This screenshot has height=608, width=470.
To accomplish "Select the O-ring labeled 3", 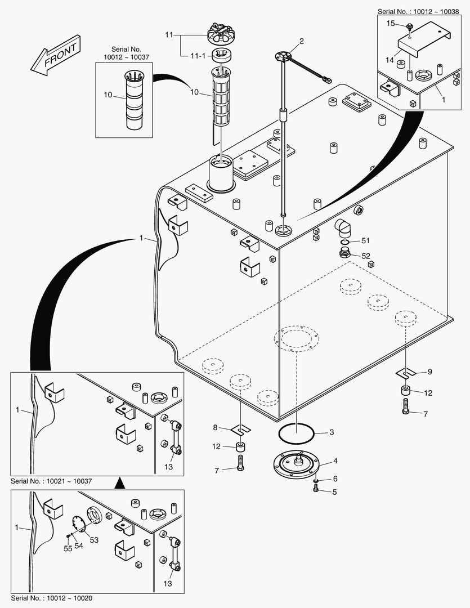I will [296, 433].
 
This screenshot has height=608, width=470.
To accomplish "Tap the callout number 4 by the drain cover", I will [335, 461].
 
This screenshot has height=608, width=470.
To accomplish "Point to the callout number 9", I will [429, 372].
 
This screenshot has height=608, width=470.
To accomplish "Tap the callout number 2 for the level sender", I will [302, 41].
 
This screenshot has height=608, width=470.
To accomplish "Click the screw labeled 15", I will [410, 26].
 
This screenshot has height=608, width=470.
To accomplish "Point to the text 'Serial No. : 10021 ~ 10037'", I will [51, 481].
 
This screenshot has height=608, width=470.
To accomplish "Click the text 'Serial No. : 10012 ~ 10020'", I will [51, 597].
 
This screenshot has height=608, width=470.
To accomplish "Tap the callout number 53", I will [94, 540].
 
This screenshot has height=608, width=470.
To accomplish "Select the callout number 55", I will [68, 548].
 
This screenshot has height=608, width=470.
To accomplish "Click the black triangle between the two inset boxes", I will [119, 483].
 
